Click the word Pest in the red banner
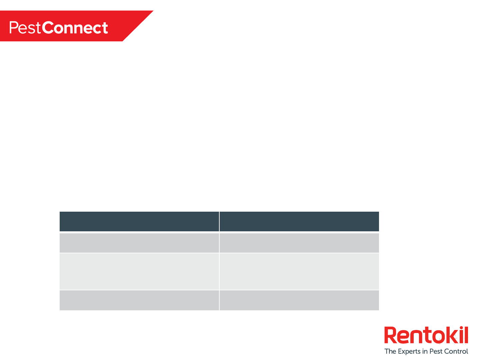(x=25, y=28)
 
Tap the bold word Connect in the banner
(x=75, y=28)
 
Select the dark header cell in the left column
(x=139, y=221)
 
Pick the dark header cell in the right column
(x=299, y=221)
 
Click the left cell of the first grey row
(x=139, y=243)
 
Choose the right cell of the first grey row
(x=299, y=243)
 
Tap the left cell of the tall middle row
(x=139, y=271)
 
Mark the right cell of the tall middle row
(x=299, y=271)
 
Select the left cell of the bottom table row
(x=139, y=300)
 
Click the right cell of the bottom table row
(x=299, y=300)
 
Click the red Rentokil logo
(x=426, y=335)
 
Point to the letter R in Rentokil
(x=390, y=335)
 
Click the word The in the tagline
(x=390, y=351)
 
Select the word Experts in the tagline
(x=409, y=351)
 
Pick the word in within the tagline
(x=425, y=351)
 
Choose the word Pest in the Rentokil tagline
(x=436, y=351)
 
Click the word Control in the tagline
(x=456, y=351)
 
